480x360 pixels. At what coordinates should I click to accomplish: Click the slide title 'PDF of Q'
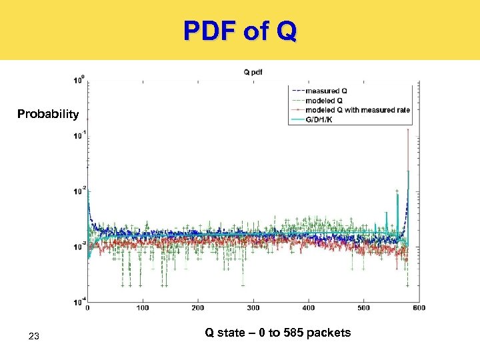[x=240, y=30]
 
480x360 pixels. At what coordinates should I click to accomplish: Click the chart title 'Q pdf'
[x=253, y=73]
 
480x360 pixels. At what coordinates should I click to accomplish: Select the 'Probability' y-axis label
[x=48, y=114]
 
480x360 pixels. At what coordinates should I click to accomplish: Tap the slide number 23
[x=35, y=337]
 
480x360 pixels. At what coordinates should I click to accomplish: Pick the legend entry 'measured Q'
[x=326, y=91]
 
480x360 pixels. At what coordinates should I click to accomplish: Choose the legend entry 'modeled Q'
[x=324, y=101]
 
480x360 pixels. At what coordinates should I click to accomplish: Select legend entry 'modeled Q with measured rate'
[x=357, y=110]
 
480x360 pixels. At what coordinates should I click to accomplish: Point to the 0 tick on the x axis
[x=88, y=308]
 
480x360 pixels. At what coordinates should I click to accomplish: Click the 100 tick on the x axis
[x=143, y=308]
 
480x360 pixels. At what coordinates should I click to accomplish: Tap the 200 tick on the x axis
[x=198, y=308]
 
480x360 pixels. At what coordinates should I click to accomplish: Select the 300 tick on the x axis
[x=253, y=308]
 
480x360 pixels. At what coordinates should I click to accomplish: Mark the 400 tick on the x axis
[x=309, y=308]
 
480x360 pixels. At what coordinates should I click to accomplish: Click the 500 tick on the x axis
[x=364, y=308]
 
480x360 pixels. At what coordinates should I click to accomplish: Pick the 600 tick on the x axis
[x=419, y=308]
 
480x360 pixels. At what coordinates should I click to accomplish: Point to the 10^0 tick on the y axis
[x=79, y=81]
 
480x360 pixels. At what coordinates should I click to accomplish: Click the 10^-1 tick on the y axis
[x=79, y=136]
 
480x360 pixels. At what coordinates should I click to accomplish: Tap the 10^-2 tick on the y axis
[x=79, y=191]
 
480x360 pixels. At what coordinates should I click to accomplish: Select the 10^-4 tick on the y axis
[x=79, y=302]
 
